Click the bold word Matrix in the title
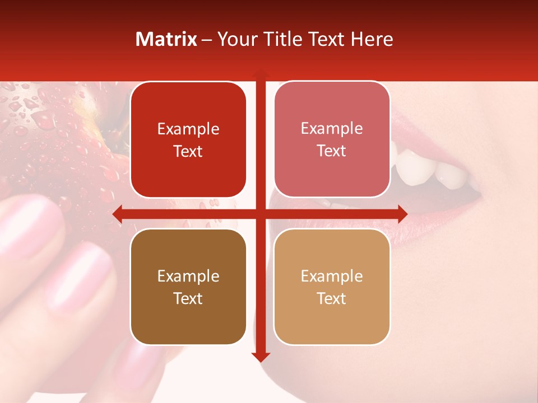166,39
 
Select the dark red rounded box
188,139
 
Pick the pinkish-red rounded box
332,139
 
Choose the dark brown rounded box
188,287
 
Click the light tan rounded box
332,287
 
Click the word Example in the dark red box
188,129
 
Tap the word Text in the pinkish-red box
332,151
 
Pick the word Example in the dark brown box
188,276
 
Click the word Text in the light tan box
332,298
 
